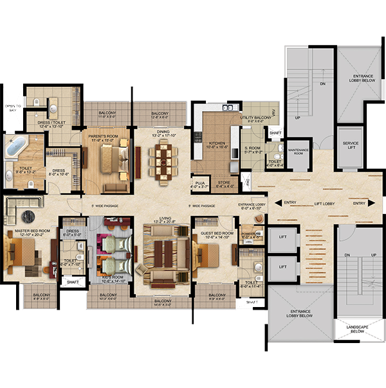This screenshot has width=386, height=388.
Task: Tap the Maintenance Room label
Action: point(299,151)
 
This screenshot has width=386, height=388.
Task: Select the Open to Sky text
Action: point(13,108)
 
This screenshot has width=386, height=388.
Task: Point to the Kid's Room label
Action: point(113,277)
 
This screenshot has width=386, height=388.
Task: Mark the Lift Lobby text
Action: point(318,204)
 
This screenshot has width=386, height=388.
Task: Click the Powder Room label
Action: point(249,234)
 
